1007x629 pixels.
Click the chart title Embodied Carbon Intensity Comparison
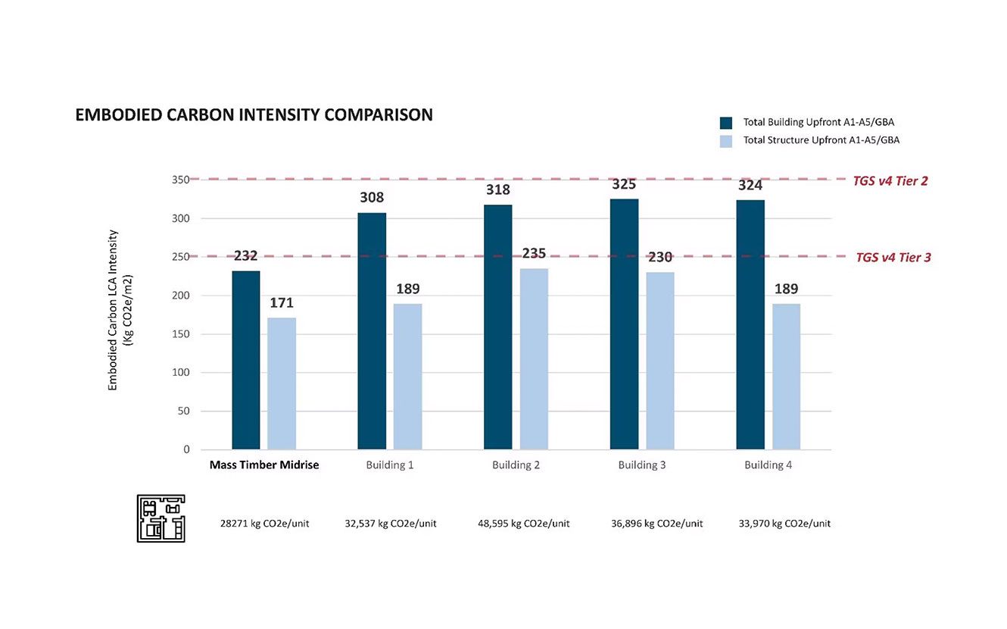pyautogui.click(x=254, y=115)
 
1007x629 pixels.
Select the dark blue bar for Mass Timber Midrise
pyautogui.click(x=245, y=360)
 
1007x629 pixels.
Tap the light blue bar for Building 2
pyautogui.click(x=534, y=359)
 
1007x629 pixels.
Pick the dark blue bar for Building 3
pyautogui.click(x=624, y=324)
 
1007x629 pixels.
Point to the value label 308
pyautogui.click(x=372, y=198)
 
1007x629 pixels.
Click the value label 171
pyautogui.click(x=282, y=303)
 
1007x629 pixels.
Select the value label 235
pyautogui.click(x=533, y=253)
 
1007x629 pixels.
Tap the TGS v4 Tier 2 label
pyautogui.click(x=890, y=181)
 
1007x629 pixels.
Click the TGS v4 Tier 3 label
pyautogui.click(x=893, y=258)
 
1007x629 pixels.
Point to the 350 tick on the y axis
pyautogui.click(x=180, y=180)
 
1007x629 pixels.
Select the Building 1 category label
pyautogui.click(x=389, y=465)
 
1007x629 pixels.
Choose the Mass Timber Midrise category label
pyautogui.click(x=264, y=465)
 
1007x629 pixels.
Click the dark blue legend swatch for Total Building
pyautogui.click(x=726, y=122)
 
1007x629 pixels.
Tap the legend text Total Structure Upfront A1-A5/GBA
pyautogui.click(x=821, y=140)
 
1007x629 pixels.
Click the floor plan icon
pyautogui.click(x=161, y=518)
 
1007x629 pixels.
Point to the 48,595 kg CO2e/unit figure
pyautogui.click(x=524, y=524)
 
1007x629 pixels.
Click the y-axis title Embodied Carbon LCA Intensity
pyautogui.click(x=114, y=310)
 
